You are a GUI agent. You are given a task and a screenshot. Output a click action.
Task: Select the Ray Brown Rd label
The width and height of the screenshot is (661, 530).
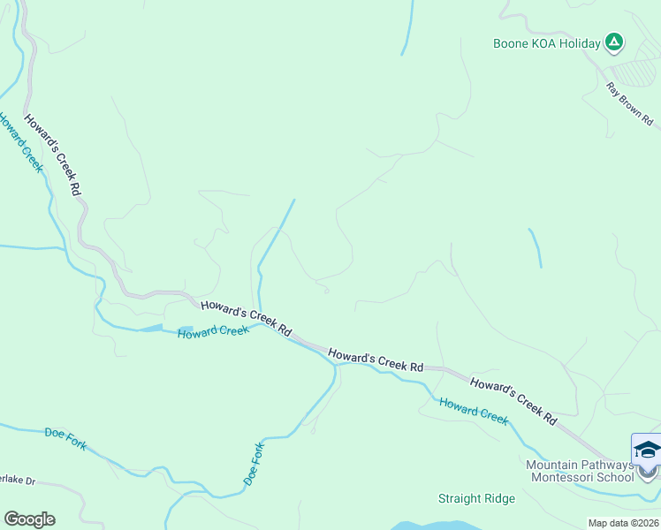629,103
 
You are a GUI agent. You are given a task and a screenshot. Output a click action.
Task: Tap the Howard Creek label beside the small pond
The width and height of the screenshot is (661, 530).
213,332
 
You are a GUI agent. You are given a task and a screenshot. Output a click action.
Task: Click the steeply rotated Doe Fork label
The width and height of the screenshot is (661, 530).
254,463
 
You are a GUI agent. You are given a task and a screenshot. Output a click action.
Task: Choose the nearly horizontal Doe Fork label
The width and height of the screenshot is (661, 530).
65,438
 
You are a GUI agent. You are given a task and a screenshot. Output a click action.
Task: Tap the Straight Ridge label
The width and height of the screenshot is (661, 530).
476,498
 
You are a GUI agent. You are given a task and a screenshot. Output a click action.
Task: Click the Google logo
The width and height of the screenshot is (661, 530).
29,519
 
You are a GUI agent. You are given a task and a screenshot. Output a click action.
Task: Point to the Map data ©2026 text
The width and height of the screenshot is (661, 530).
623,523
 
